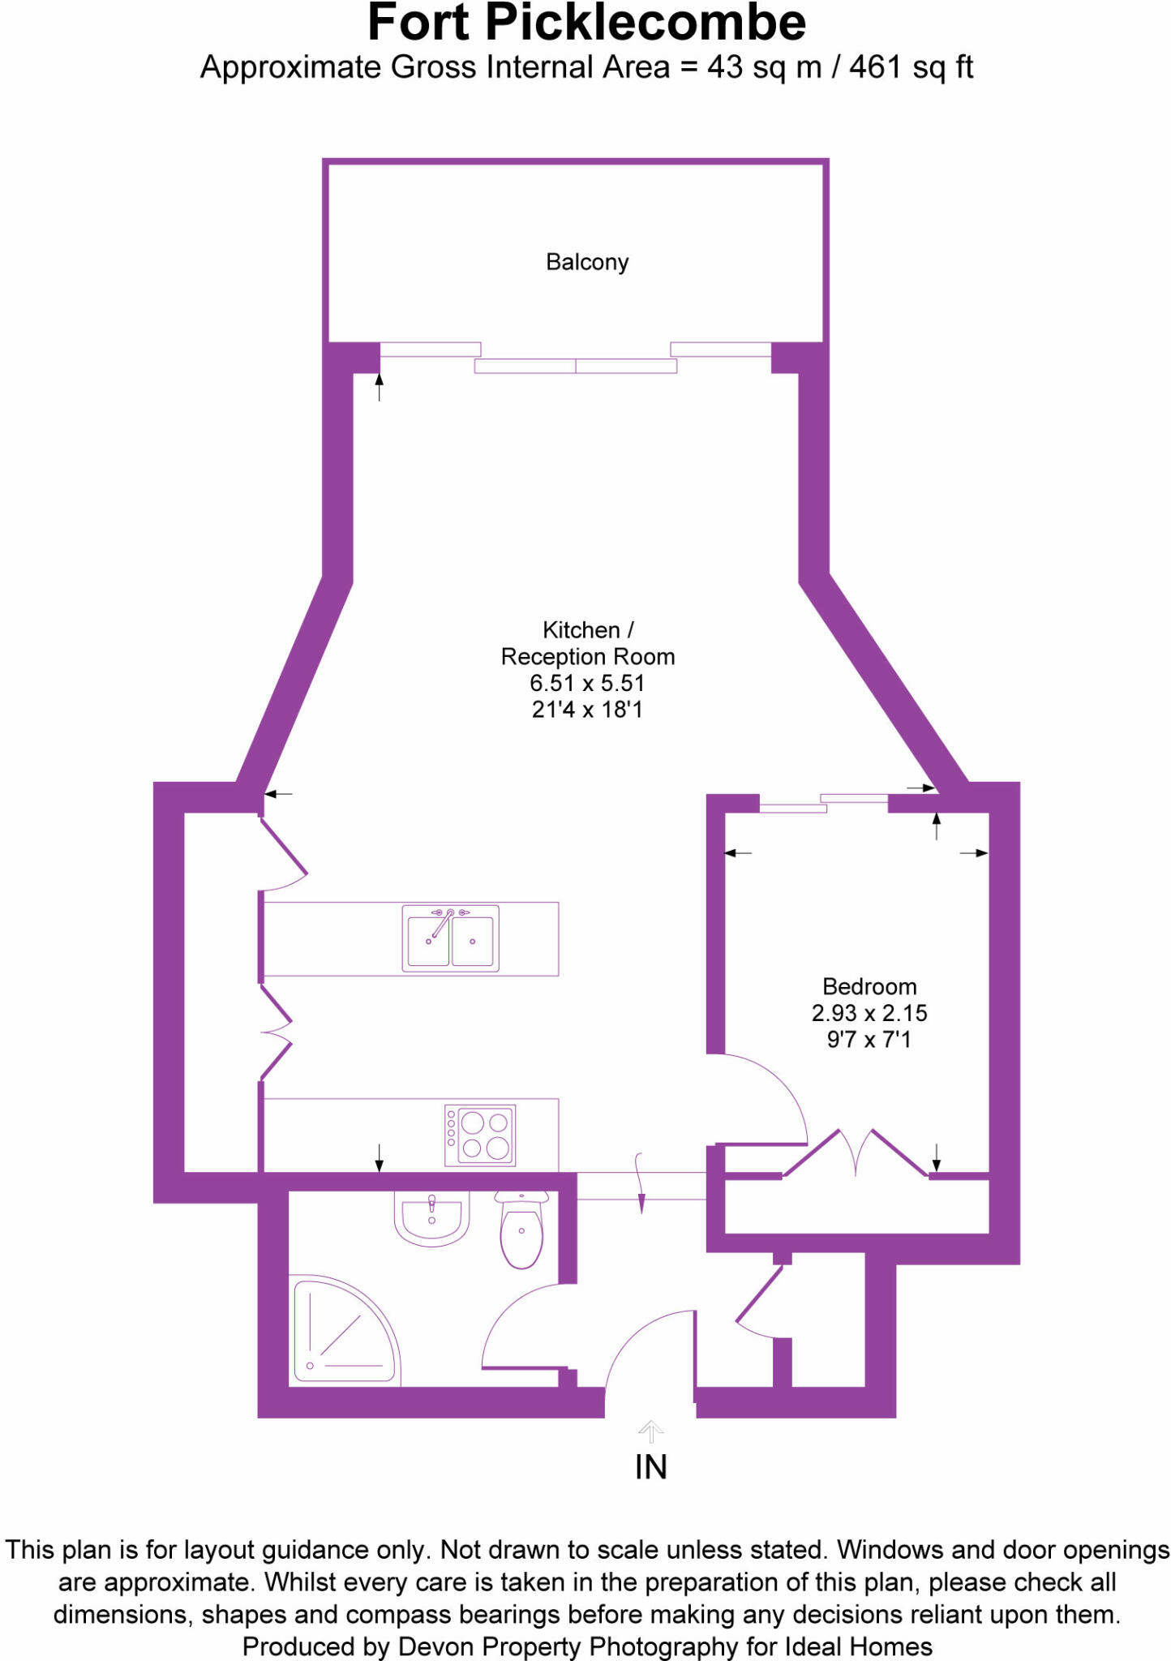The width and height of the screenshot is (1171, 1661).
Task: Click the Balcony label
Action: [587, 262]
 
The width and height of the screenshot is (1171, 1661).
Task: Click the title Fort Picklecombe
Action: [586, 23]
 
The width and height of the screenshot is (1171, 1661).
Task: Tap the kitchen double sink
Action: [450, 938]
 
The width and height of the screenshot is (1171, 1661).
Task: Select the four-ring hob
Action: [480, 1135]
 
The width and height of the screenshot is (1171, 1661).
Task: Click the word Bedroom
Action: [869, 986]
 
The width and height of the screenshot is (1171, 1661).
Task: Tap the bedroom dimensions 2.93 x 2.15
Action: [869, 1013]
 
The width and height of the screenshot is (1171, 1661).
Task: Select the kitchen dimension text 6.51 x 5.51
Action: [587, 683]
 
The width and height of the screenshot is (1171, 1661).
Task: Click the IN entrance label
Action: [650, 1467]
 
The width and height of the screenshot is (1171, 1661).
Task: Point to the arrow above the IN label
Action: [650, 1431]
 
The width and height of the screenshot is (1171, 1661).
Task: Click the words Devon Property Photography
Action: [567, 1646]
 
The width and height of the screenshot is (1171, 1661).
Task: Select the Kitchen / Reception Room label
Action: [587, 643]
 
